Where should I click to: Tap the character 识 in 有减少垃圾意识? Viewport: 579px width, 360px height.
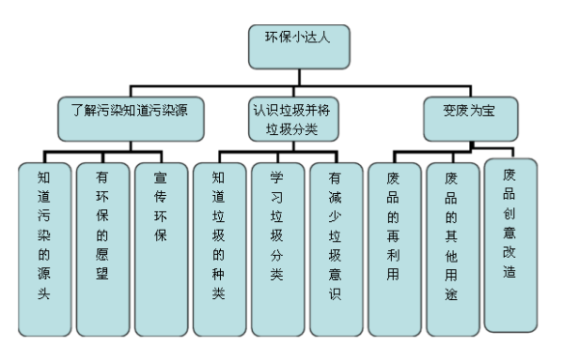click(x=336, y=293)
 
